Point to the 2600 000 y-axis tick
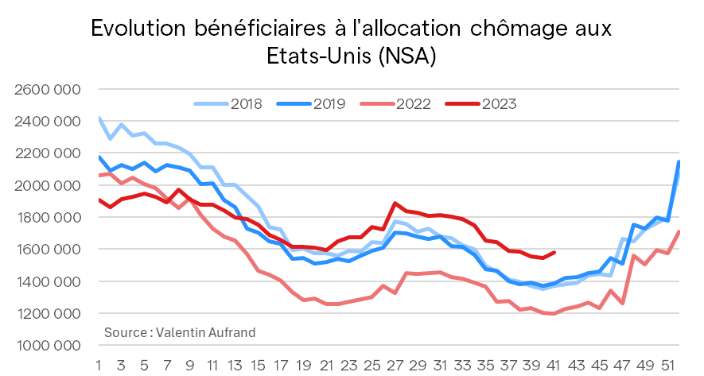[48, 89]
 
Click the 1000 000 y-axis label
[48, 346]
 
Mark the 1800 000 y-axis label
[48, 217]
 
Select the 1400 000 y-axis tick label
[48, 281]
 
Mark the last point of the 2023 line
[554, 252]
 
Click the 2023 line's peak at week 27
[395, 204]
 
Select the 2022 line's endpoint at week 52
[679, 231]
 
